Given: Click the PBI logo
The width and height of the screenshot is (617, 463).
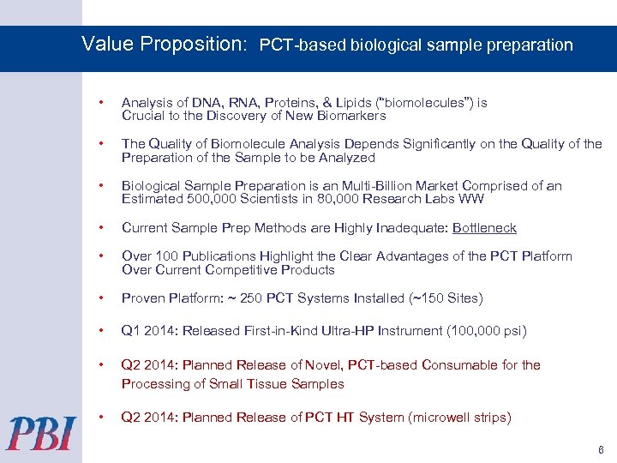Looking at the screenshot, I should [41, 432].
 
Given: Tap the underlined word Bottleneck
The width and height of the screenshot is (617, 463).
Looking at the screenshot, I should [484, 228].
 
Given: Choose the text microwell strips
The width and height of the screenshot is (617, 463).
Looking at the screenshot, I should [460, 418].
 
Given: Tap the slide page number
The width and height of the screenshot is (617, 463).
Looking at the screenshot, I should [601, 449].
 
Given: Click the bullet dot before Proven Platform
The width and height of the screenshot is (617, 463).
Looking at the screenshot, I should [102, 298].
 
